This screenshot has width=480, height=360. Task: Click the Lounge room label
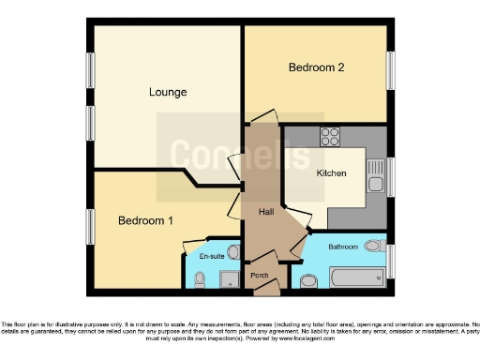tap(168, 92)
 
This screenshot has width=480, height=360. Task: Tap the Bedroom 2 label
tap(316, 67)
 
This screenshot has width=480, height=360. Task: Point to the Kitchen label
tap(331, 173)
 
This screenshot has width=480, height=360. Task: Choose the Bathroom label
tap(343, 247)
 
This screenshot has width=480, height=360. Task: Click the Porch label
tap(259, 275)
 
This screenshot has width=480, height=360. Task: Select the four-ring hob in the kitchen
tap(330, 137)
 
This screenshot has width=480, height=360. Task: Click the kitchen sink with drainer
tap(375, 176)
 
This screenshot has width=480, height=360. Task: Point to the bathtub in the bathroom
tap(348, 278)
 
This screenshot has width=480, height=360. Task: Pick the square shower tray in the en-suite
tap(228, 278)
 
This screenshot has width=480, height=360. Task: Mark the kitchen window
tap(391, 177)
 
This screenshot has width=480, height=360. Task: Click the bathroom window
tap(391, 261)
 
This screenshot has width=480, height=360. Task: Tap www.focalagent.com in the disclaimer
tap(373, 337)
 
